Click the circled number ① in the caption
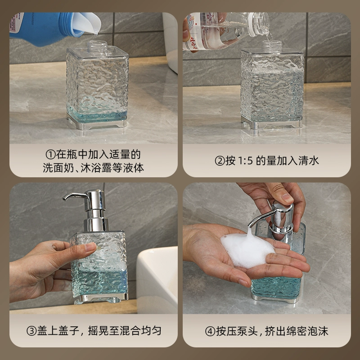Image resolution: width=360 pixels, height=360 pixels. coord(50,154)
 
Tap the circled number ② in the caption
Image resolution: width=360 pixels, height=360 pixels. coord(220,161)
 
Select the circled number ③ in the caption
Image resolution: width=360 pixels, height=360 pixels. coord(31,331)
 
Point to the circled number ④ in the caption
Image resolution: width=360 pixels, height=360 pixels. coord(210,331)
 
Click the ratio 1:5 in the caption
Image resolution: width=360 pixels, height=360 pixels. coord(245,161)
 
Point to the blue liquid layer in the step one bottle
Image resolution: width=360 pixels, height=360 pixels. coord(97,117)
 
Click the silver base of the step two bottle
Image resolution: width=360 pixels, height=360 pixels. coord(271,125)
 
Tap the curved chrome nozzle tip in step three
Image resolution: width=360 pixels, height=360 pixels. coord(65,198)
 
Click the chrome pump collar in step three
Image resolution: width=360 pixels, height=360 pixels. coord(96,224)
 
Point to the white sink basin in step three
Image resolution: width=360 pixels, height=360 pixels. coord(157,279)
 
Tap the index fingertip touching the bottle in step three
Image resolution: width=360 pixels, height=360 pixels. coord(90,247)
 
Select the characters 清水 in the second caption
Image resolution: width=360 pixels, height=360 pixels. coord(309,161)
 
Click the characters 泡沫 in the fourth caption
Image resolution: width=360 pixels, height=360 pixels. coord(318,331)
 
